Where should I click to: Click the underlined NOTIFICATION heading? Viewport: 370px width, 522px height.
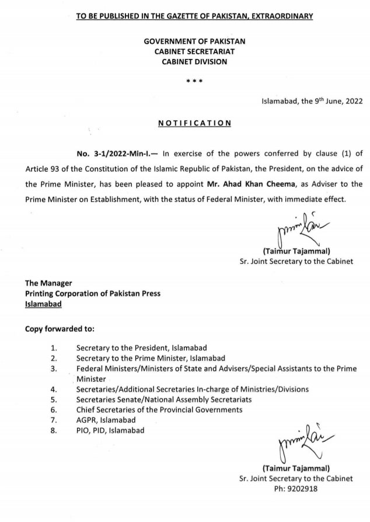coord(195,123)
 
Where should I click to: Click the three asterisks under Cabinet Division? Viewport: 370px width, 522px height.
coord(194,81)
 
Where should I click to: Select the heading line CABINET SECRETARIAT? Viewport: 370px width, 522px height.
coord(195,51)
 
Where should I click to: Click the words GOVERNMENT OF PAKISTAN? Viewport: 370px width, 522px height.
coord(195,41)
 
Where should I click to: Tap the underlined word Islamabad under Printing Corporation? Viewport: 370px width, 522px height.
coord(43,304)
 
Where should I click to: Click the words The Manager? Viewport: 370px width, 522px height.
coord(48,283)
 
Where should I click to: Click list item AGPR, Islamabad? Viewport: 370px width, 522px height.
coord(106,420)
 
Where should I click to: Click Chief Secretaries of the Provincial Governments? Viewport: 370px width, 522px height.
coord(159,410)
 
